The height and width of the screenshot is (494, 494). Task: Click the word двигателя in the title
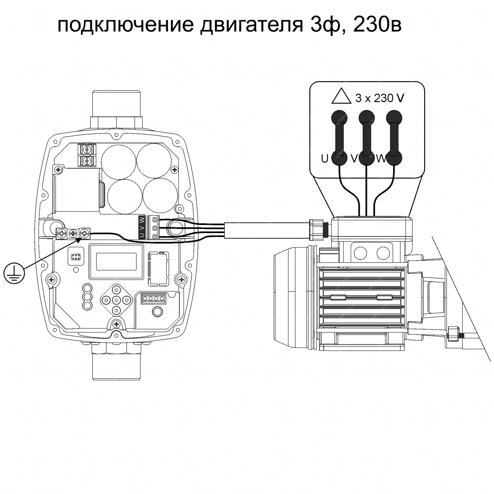252,25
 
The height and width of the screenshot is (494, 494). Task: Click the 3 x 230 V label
380,98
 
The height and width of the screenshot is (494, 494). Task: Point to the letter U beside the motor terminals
324,159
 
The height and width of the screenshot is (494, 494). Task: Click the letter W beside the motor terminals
381,159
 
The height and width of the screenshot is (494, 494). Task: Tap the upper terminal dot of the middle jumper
367,118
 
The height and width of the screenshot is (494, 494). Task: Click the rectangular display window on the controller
116,261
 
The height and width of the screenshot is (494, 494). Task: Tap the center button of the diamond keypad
117,299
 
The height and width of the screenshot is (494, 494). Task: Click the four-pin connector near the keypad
153,298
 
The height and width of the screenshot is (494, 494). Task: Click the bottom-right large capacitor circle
160,196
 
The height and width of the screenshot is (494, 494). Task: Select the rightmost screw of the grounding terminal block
85,233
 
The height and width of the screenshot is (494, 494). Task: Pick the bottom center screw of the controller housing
117,324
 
